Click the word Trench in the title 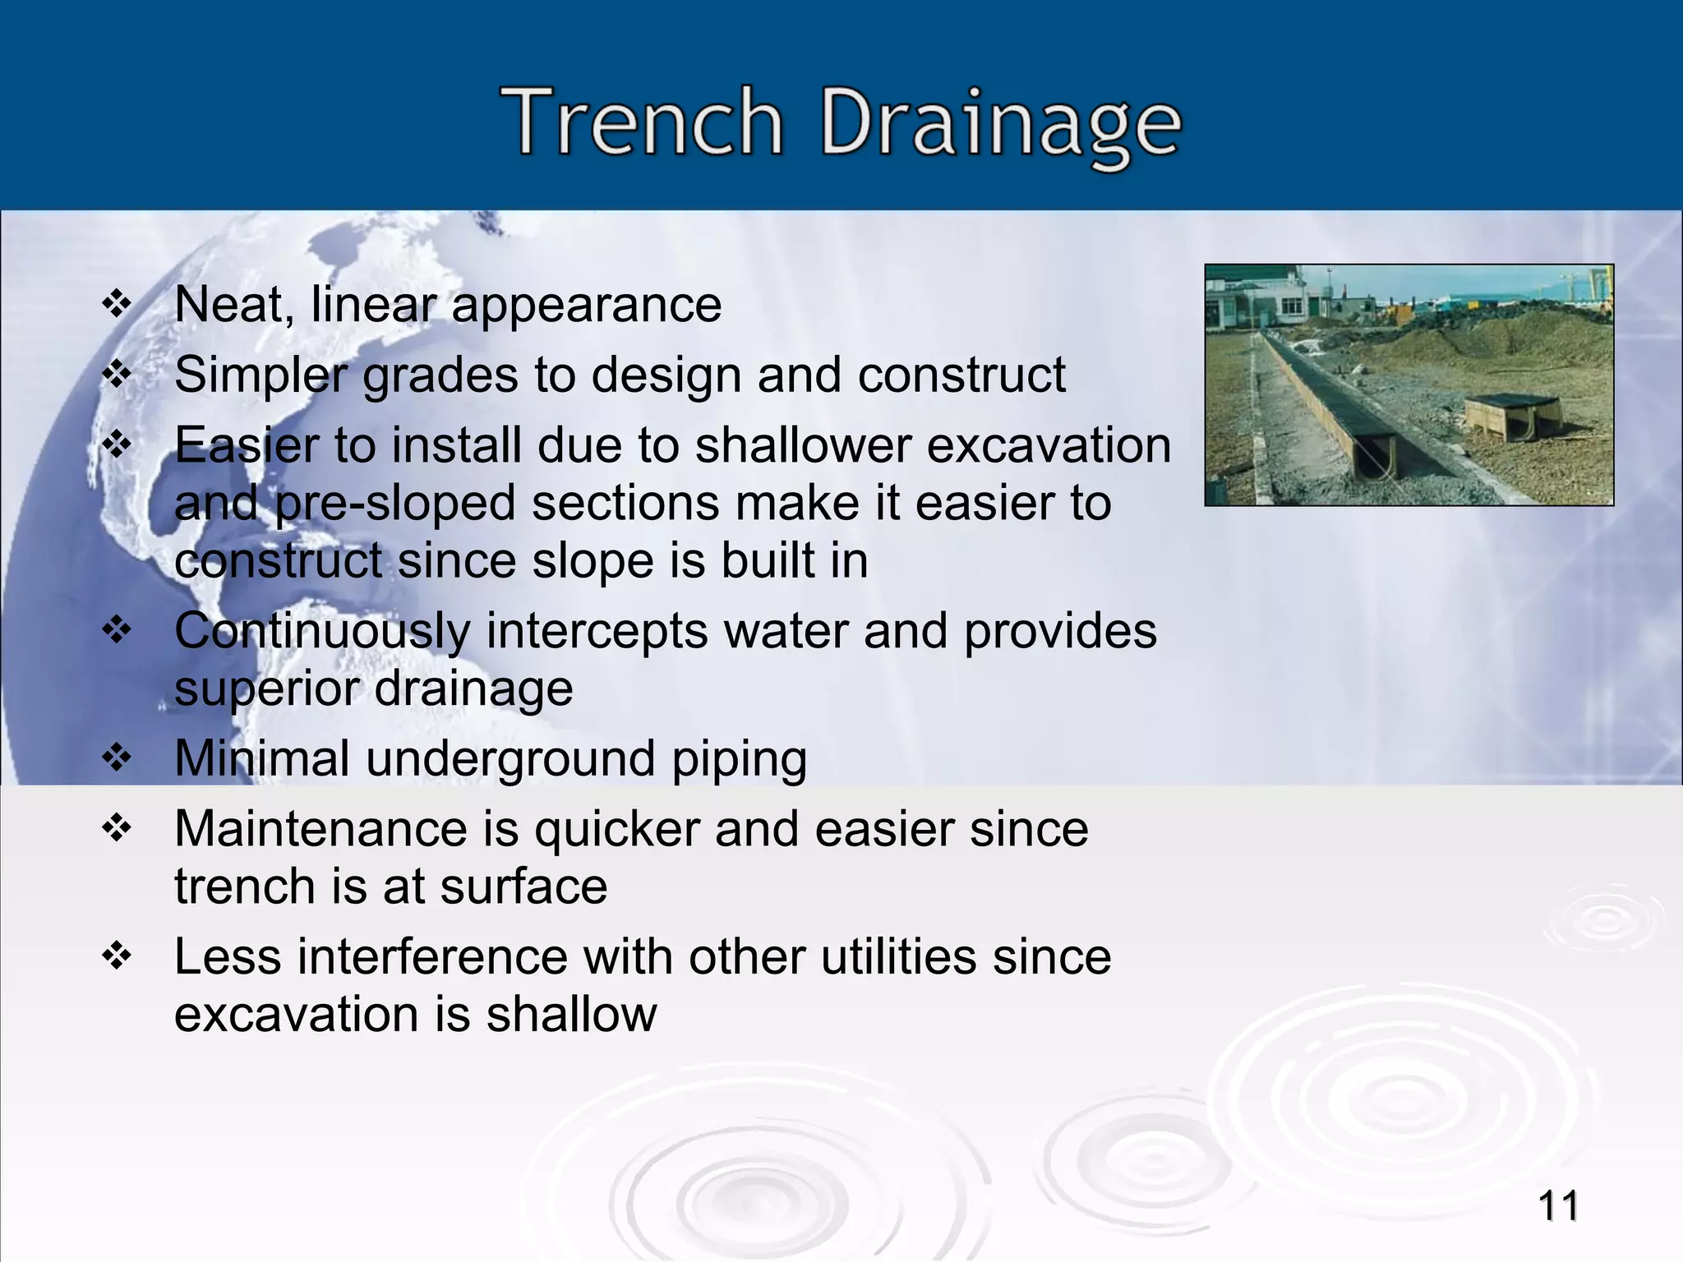point(643,123)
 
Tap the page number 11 point(1557,1207)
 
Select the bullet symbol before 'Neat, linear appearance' point(117,305)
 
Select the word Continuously point(322,631)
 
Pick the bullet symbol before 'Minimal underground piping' point(117,758)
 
